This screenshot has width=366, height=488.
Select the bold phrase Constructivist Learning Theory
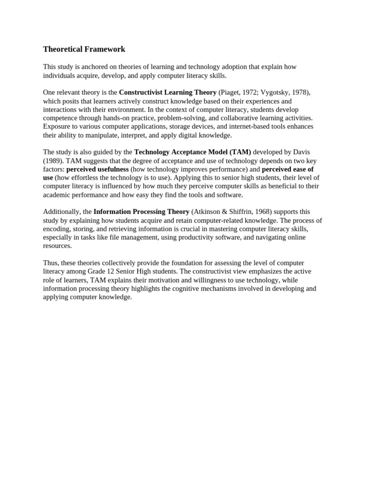[x=167, y=92]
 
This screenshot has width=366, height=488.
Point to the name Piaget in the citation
[x=231, y=92]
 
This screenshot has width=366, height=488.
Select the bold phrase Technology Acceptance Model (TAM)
[x=193, y=152]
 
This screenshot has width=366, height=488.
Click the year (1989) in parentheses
[x=53, y=161]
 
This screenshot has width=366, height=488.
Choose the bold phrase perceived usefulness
[x=98, y=169]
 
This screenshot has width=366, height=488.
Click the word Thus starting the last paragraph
[x=51, y=263]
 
